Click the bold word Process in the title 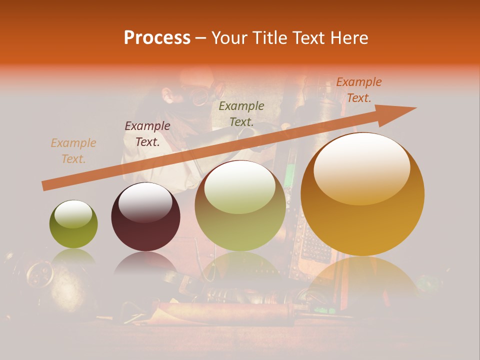click(x=157, y=38)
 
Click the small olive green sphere click(x=73, y=224)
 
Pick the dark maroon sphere click(x=145, y=217)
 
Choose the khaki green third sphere click(x=240, y=206)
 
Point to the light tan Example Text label click(x=73, y=151)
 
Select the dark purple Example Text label click(x=147, y=134)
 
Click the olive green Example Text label click(x=241, y=113)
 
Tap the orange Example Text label click(x=358, y=90)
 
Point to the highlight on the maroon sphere click(x=145, y=201)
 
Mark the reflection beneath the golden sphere click(x=362, y=280)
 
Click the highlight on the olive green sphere click(x=73, y=214)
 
